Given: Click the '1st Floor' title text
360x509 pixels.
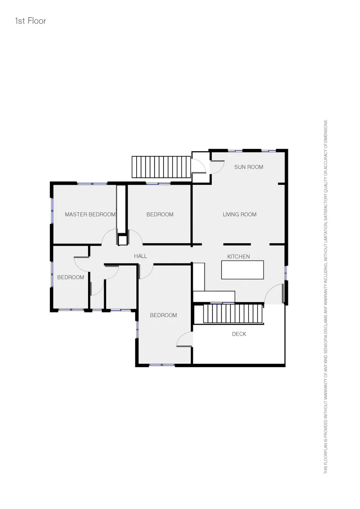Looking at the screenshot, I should tap(31, 21).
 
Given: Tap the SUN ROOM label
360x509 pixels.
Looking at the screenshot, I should tap(248, 167).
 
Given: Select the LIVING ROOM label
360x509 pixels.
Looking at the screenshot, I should tap(239, 214).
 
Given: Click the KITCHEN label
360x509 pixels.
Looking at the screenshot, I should tap(238, 256).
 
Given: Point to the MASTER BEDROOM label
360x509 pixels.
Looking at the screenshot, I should tap(90, 214).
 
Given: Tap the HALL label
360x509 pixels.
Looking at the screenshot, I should tap(140, 256).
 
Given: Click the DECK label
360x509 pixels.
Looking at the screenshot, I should tap(239, 334).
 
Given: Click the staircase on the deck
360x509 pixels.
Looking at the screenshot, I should tap(233, 314).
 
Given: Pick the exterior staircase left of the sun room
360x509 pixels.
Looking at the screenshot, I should tap(161, 167).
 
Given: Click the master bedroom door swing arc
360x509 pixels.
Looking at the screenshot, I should tap(109, 237).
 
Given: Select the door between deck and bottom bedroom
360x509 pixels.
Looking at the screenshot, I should tap(185, 339).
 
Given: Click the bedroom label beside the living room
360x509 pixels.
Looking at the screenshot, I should tap(160, 214).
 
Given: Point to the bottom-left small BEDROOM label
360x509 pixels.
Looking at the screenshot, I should tap(71, 277).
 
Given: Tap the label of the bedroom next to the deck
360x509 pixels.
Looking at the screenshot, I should tap(164, 315).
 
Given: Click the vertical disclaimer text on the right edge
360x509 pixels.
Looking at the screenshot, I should tap(325, 297).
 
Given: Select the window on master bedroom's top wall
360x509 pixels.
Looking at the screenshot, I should tap(92, 183).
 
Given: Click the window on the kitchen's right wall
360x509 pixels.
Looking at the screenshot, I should tap(286, 273).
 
